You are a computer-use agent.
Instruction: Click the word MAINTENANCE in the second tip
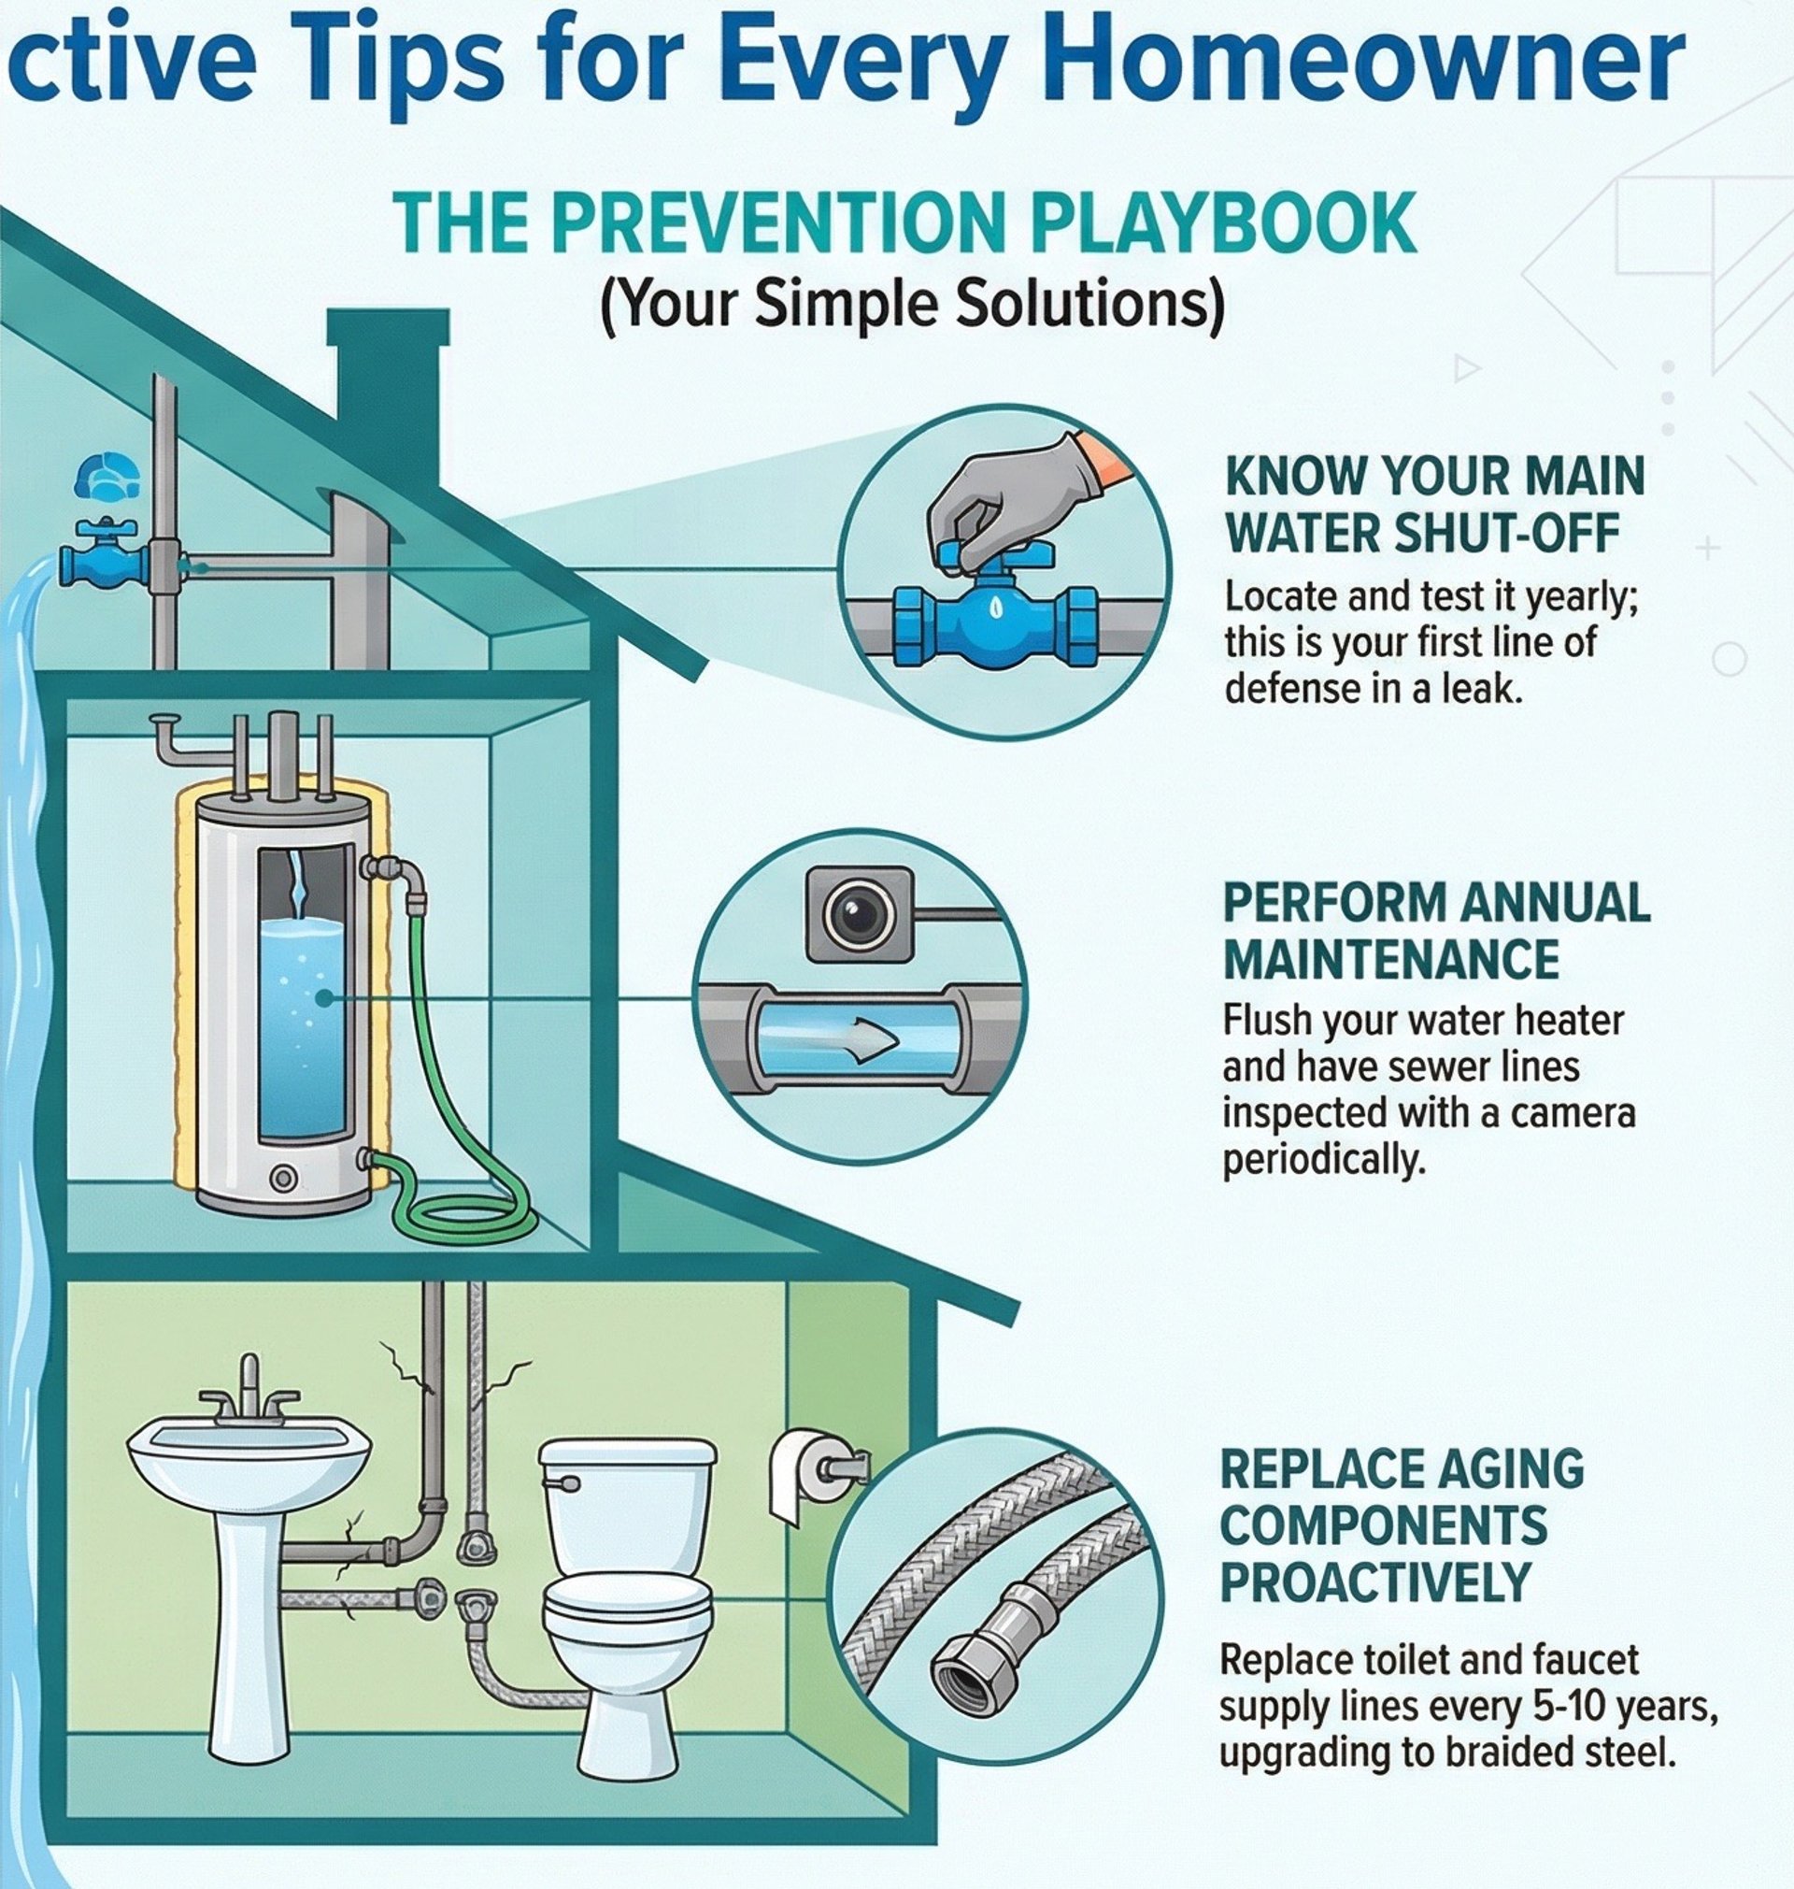pos(1391,959)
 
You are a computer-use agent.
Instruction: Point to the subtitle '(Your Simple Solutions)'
pos(912,308)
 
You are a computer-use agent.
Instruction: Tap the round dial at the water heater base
pos(283,1178)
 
